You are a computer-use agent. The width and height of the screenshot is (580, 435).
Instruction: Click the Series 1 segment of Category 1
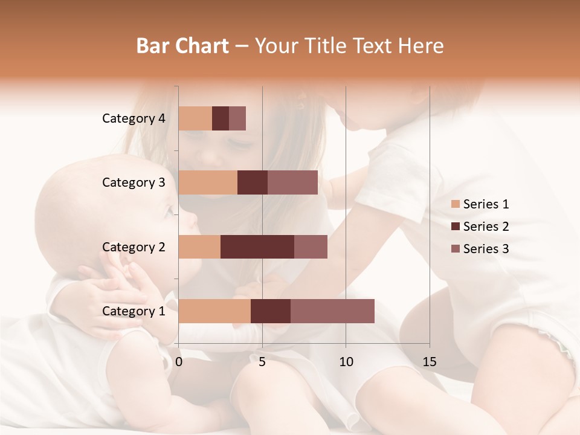click(x=214, y=311)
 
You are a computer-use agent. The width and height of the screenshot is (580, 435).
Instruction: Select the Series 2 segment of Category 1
click(x=271, y=311)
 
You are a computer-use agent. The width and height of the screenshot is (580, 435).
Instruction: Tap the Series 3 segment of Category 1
click(x=332, y=311)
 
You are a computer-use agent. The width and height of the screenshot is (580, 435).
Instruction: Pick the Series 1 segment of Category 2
click(x=199, y=246)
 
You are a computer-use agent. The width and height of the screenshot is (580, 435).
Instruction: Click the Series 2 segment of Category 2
click(x=257, y=246)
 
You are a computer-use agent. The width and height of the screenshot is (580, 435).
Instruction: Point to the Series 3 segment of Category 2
click(x=311, y=246)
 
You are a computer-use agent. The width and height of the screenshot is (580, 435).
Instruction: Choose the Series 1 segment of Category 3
click(x=208, y=182)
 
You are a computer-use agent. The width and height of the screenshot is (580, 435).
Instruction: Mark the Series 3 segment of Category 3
click(x=292, y=182)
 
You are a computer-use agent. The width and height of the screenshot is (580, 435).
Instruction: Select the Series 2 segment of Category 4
click(x=221, y=118)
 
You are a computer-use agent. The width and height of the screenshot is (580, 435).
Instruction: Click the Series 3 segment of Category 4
click(x=237, y=118)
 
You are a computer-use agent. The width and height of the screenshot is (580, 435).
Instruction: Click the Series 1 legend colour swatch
click(x=455, y=204)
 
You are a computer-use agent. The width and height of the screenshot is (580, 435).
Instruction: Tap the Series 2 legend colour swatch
click(x=455, y=227)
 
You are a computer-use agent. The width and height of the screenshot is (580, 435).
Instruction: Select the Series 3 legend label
click(x=486, y=249)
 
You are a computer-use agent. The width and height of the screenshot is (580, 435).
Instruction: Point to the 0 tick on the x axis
click(x=179, y=362)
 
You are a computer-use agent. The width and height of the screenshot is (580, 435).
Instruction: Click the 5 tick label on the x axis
click(x=262, y=362)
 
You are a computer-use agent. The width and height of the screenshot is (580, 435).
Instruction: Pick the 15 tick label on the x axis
click(x=430, y=362)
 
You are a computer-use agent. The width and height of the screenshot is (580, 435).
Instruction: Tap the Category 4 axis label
click(x=134, y=118)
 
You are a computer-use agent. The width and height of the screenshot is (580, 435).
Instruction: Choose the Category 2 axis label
click(x=134, y=246)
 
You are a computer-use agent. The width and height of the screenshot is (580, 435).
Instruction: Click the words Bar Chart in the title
click(x=182, y=46)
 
